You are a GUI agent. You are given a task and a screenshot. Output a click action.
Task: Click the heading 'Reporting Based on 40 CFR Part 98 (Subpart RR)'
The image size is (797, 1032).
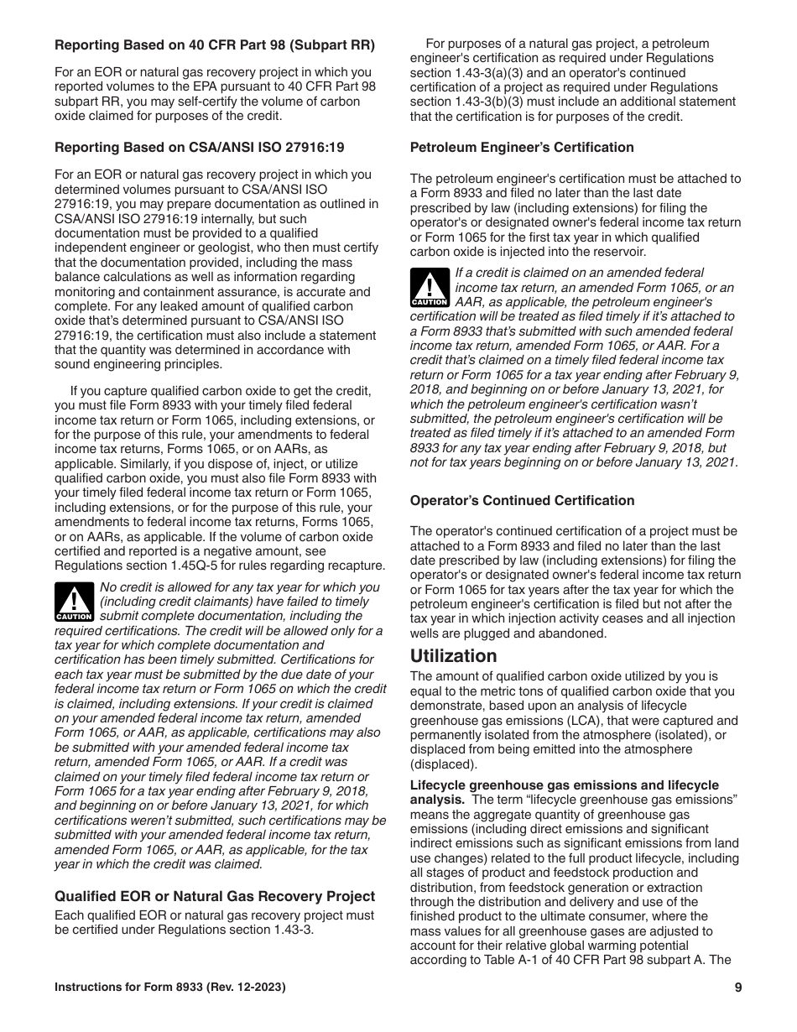[x=215, y=44]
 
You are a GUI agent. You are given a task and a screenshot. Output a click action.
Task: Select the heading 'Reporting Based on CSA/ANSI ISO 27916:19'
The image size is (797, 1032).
[x=199, y=148]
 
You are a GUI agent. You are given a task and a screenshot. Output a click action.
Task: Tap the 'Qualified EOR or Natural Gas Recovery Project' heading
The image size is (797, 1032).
[x=215, y=896]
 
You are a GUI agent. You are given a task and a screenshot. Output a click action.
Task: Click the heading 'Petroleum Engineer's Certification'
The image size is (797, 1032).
[x=522, y=148]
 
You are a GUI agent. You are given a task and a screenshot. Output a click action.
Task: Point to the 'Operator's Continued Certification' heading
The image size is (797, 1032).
[x=522, y=501]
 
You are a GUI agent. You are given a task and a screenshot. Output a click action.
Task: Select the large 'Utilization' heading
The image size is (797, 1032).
[x=453, y=656]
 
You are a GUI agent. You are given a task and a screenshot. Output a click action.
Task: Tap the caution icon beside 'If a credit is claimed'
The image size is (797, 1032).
[x=430, y=287]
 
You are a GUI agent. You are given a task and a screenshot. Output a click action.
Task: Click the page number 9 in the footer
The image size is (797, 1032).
[x=737, y=988]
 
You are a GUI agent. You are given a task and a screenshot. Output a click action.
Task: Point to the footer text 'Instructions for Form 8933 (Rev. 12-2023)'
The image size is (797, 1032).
[x=170, y=988]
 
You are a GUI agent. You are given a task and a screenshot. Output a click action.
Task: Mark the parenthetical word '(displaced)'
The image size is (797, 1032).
[x=442, y=764]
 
